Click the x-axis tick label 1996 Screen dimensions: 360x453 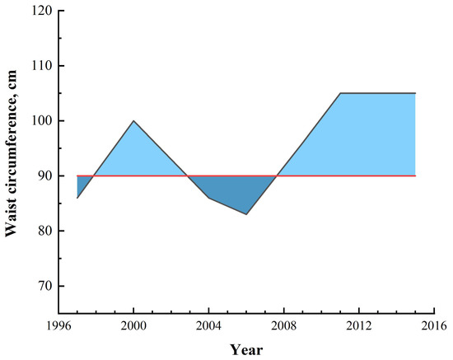click(x=58, y=323)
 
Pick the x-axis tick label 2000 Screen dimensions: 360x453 click(x=133, y=323)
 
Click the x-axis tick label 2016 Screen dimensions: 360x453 click(x=434, y=323)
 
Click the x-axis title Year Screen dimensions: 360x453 click(x=246, y=348)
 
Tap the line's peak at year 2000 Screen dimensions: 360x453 click(x=133, y=121)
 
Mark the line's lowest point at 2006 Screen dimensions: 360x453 click(x=246, y=214)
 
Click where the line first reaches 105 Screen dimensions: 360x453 click(x=340, y=93)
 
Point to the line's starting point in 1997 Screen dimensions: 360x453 click(x=77, y=198)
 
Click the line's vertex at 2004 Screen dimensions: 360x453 click(x=208, y=198)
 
